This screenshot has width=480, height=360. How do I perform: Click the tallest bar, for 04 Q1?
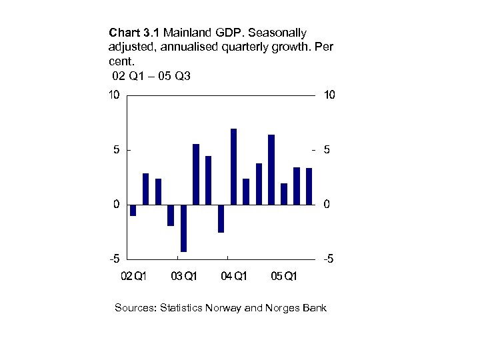point(233,167)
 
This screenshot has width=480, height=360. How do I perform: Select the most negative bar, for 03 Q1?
point(183,228)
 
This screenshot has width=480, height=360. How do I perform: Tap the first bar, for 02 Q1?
point(133,210)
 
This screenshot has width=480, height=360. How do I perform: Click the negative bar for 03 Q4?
point(221,218)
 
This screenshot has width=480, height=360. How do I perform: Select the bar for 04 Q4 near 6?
point(271,169)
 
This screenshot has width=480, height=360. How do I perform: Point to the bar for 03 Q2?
point(196,174)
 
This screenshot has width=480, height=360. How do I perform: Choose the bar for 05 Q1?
point(284,193)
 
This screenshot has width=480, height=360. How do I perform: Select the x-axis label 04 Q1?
point(234,276)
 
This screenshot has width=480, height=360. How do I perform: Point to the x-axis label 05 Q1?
point(284,276)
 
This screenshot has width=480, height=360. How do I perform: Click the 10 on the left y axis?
point(114,95)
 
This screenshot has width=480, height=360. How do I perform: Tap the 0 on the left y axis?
point(117,205)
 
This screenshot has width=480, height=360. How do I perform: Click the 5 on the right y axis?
point(326,151)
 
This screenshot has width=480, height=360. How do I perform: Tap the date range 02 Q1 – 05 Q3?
point(151,76)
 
